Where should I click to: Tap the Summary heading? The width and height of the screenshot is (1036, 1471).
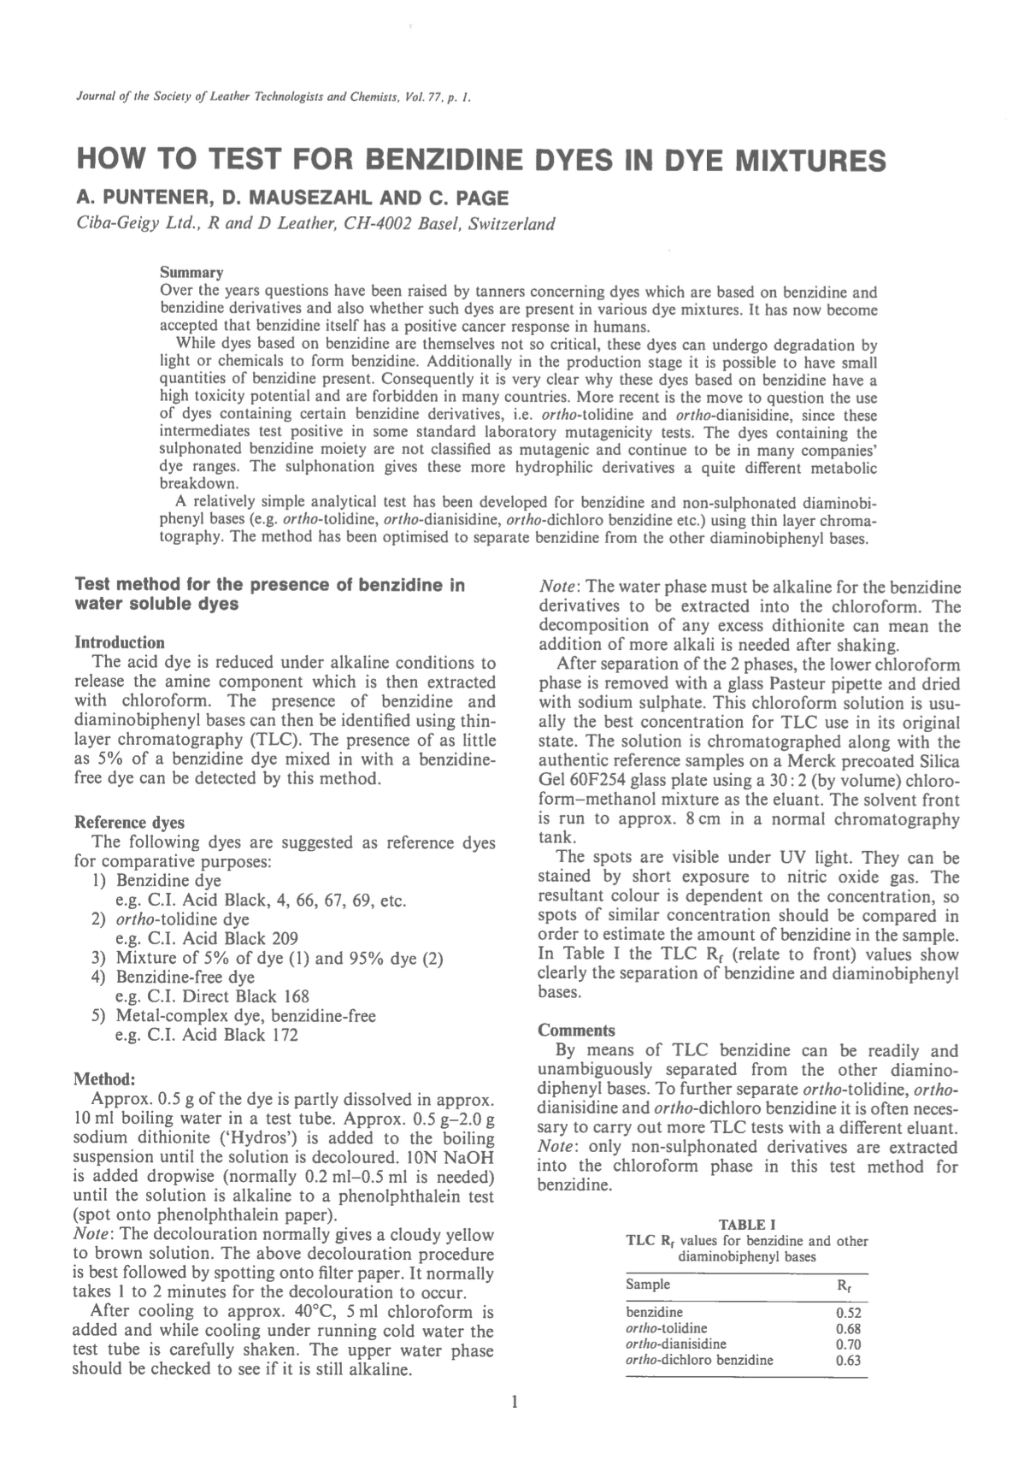point(191,273)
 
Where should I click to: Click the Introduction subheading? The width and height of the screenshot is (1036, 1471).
point(120,642)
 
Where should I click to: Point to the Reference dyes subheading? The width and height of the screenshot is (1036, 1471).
point(129,823)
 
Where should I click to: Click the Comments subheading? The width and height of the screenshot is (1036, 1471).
point(576,1031)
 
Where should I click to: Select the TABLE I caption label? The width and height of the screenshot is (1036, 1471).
point(746,1225)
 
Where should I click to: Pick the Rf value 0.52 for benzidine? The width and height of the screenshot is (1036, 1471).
point(847,1313)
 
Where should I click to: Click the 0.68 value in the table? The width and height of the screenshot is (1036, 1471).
point(847,1329)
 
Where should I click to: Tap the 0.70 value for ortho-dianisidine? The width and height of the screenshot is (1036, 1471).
point(847,1344)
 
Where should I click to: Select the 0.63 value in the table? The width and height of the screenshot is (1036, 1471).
point(847,1360)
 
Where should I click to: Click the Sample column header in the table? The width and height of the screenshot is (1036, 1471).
point(648,1285)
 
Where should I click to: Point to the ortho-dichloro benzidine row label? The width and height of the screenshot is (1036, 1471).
point(699,1360)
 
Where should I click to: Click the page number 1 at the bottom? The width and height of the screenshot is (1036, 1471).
point(514,1402)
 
